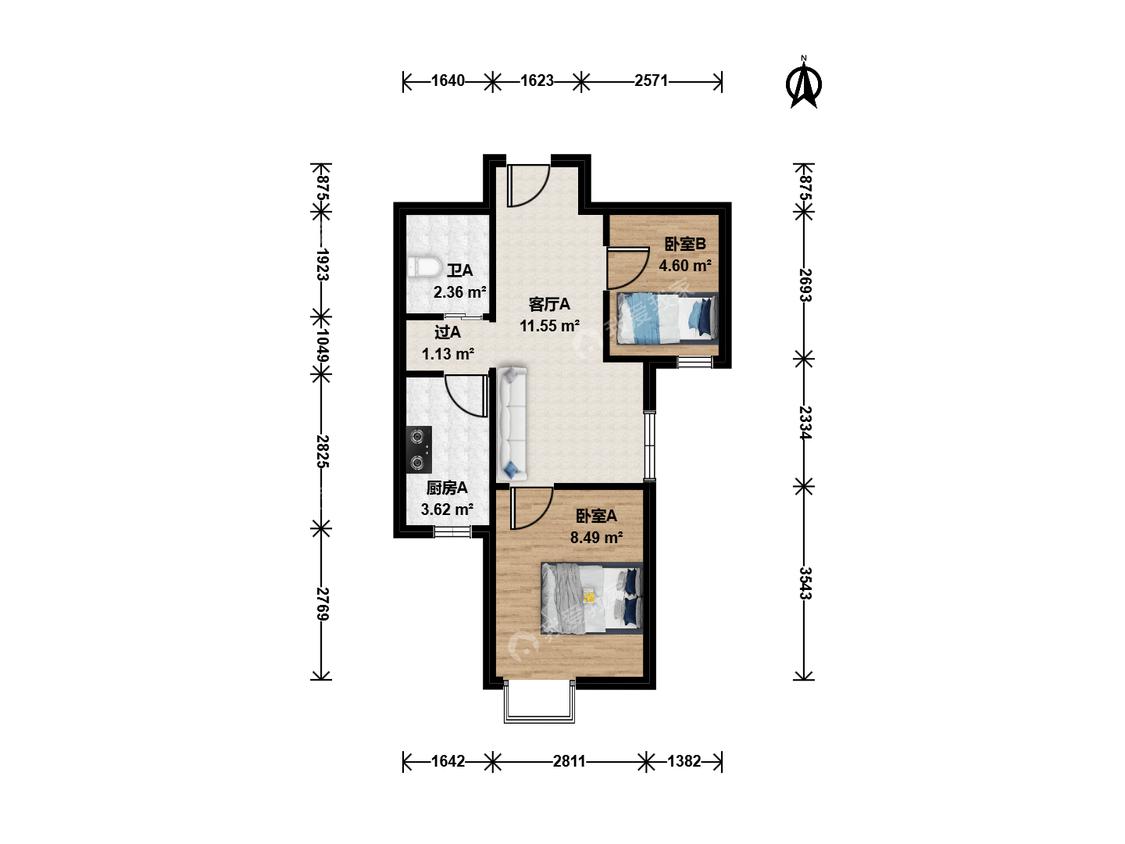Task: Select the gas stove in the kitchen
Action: click(x=418, y=450)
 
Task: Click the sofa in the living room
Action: click(x=512, y=423)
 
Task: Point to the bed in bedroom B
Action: click(x=663, y=317)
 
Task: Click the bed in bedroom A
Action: click(x=591, y=597)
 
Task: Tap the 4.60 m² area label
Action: click(x=685, y=266)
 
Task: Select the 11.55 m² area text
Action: click(x=550, y=326)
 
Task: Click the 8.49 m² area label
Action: click(x=596, y=537)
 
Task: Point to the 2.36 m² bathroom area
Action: click(x=460, y=292)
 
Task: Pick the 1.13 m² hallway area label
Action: click(x=448, y=354)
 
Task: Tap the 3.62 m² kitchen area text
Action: click(x=447, y=510)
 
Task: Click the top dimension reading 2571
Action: click(x=651, y=81)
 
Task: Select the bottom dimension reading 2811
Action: click(x=569, y=761)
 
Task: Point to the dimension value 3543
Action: click(x=805, y=583)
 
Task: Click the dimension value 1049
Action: click(x=322, y=346)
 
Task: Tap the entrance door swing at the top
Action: click(x=528, y=185)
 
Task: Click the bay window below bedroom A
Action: click(x=540, y=703)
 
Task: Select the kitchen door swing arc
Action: click(x=466, y=395)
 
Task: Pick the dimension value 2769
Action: click(x=322, y=604)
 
